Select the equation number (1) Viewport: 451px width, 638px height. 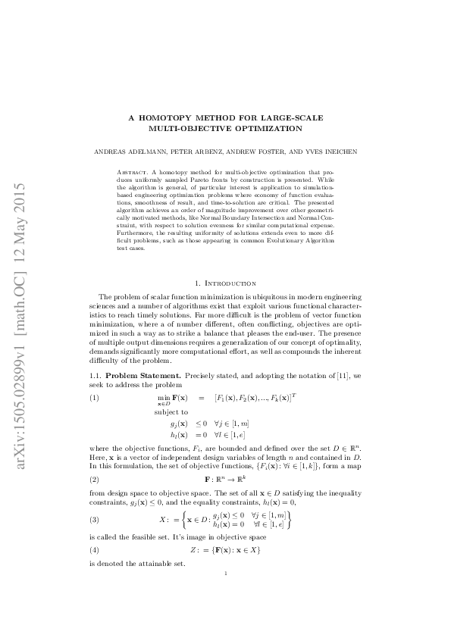pyautogui.click(x=94, y=397)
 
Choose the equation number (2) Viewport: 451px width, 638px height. pyautogui.click(x=94, y=480)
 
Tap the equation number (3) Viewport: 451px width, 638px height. pyautogui.click(x=94, y=520)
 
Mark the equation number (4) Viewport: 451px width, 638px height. pyautogui.click(x=94, y=549)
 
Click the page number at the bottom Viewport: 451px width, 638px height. pyautogui.click(x=227, y=574)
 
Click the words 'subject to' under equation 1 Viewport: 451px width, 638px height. pyautogui.click(x=171, y=412)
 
